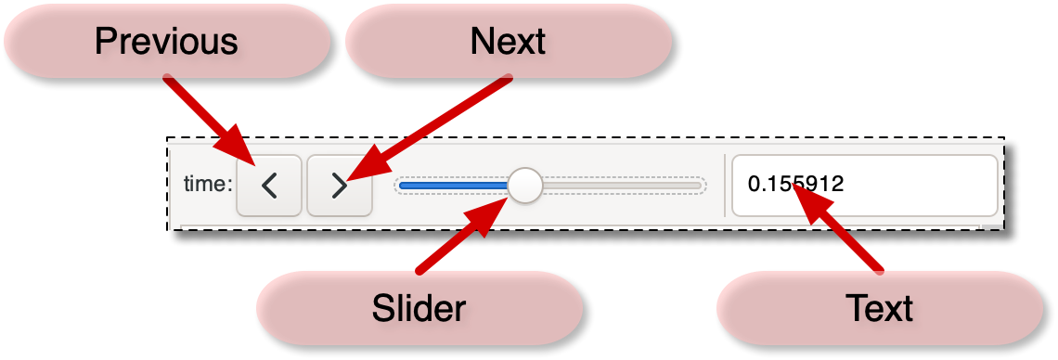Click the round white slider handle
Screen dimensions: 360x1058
pyautogui.click(x=525, y=186)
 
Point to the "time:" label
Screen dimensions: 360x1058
pyautogui.click(x=208, y=184)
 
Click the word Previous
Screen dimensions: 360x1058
pyautogui.click(x=166, y=42)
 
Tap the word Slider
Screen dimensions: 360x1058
pyautogui.click(x=419, y=309)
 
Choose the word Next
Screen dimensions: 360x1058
pyautogui.click(x=508, y=42)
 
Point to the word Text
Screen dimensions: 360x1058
pyautogui.click(x=879, y=309)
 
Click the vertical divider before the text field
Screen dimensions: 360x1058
pyautogui.click(x=725, y=186)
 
